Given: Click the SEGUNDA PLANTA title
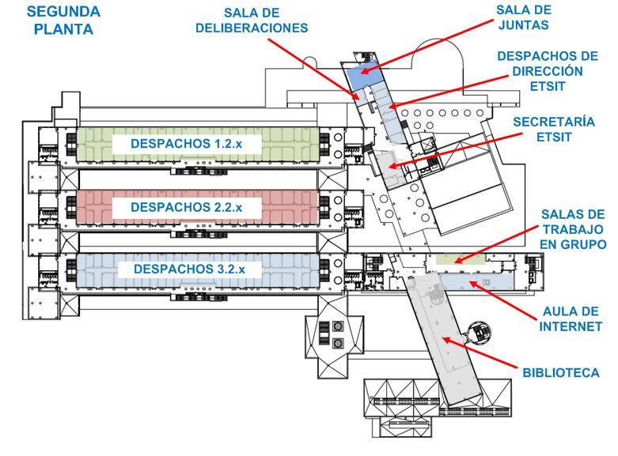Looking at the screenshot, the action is (x=63, y=21).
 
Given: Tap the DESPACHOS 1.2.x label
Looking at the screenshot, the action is (x=187, y=144).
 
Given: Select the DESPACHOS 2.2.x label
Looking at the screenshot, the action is (x=187, y=207).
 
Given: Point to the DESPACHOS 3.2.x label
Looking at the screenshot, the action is (x=190, y=269).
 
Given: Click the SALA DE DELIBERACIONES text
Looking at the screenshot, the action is (x=252, y=21).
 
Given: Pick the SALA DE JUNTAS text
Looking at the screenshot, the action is (x=524, y=17).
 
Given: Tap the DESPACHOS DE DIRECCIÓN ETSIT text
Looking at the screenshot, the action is (x=548, y=71).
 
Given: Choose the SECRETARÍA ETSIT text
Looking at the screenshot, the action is (x=554, y=129).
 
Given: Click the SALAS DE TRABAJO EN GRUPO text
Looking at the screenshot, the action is (x=573, y=229).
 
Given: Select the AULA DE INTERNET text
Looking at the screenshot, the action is (x=571, y=319).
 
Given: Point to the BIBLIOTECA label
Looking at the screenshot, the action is (x=561, y=373).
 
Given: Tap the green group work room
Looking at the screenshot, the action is (x=461, y=259).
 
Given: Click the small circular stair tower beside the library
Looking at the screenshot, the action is (x=480, y=333).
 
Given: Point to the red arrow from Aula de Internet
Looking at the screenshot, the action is (x=503, y=300).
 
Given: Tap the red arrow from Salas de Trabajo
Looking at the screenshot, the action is (x=495, y=244).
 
